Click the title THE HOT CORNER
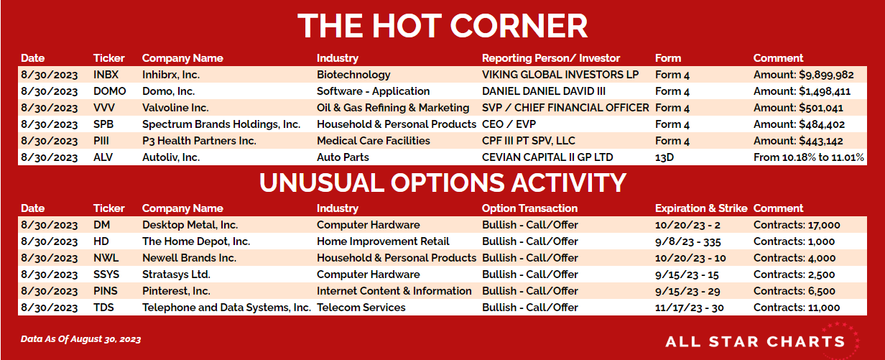pyautogui.click(x=443, y=26)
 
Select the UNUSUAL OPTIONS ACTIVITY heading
pyautogui.click(x=443, y=183)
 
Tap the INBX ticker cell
pyautogui.click(x=106, y=75)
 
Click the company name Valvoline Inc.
pyautogui.click(x=175, y=108)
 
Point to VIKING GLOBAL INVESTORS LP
pyautogui.click(x=560, y=75)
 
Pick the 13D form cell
pyautogui.click(x=664, y=157)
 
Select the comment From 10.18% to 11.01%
pyautogui.click(x=809, y=157)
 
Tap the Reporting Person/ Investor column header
pyautogui.click(x=551, y=58)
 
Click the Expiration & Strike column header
pyautogui.click(x=701, y=208)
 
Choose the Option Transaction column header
pyautogui.click(x=529, y=208)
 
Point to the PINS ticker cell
pyautogui.click(x=106, y=291)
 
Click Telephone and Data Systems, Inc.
pyautogui.click(x=226, y=308)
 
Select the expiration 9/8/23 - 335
pyautogui.click(x=688, y=241)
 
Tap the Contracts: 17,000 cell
pyautogui.click(x=797, y=225)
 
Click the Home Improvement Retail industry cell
pyautogui.click(x=383, y=241)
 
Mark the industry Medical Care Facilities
pyautogui.click(x=374, y=141)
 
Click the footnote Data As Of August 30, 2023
pyautogui.click(x=80, y=339)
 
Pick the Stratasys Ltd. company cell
pyautogui.click(x=176, y=274)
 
